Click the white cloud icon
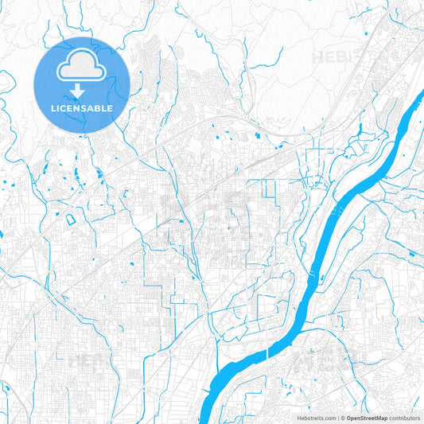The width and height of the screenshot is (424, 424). coord(82,68)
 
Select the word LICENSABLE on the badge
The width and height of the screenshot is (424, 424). coord(82,107)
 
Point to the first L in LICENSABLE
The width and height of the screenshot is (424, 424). coord(53,107)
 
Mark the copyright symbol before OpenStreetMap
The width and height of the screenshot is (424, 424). coord(342,417)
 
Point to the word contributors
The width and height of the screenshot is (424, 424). coord(405,417)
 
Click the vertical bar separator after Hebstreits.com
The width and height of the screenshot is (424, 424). coord(337,417)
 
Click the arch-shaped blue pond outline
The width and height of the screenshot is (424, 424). coord(70,219)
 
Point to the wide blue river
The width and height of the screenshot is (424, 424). coord(318,263)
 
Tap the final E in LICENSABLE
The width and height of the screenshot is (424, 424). coord(111,107)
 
